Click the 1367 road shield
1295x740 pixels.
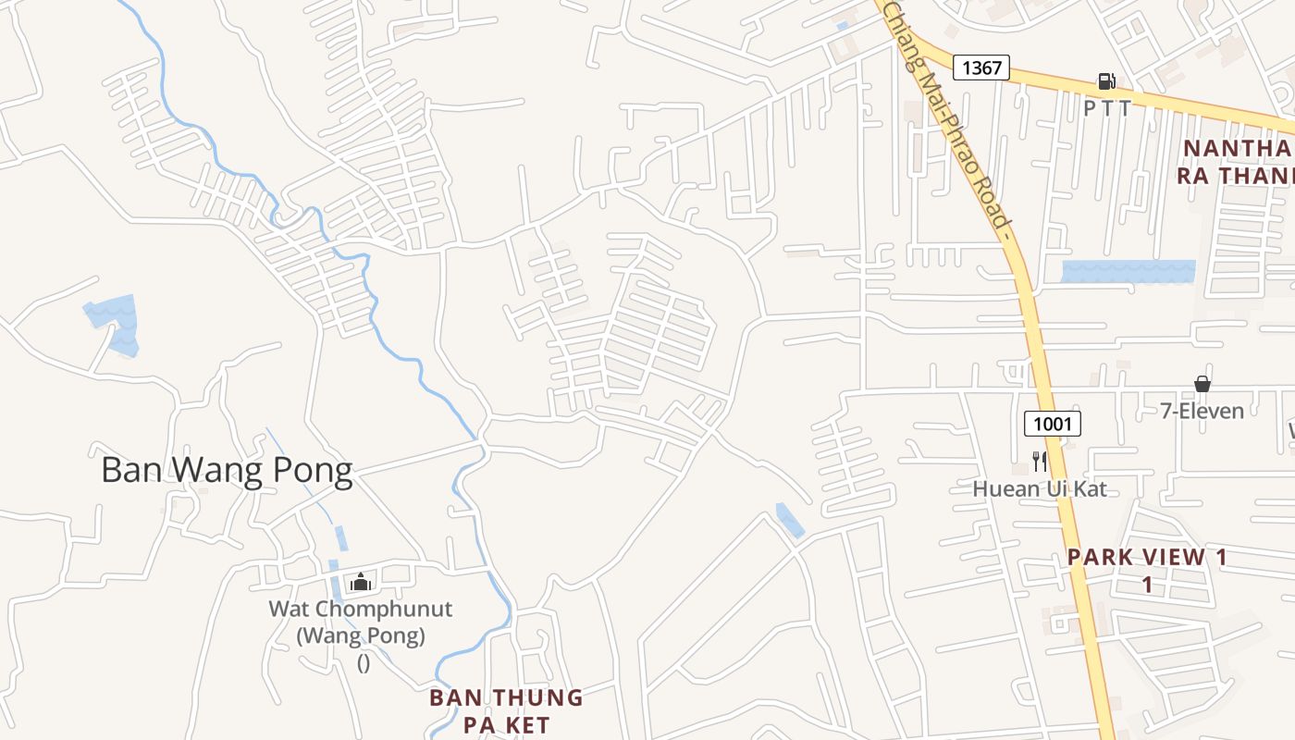(x=981, y=67)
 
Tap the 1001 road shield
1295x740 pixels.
(x=1053, y=425)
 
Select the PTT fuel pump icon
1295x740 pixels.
(x=1105, y=81)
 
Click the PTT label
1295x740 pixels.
(x=1107, y=108)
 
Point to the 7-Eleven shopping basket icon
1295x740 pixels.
(x=1202, y=383)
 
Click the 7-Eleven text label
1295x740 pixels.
(x=1202, y=410)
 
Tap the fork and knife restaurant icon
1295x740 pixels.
(x=1040, y=461)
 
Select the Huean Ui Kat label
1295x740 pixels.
(x=1039, y=488)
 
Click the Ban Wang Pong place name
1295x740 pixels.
(x=227, y=471)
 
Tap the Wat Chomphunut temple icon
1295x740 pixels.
(x=361, y=582)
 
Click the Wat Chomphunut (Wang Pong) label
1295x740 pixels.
(x=361, y=623)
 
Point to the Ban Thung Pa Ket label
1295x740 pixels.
(x=506, y=710)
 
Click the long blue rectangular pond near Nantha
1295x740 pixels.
(x=1128, y=271)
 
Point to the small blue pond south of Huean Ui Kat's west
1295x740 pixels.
(x=789, y=520)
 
